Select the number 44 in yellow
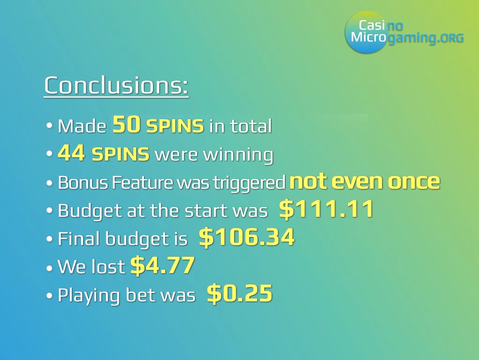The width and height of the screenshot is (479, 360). point(71,153)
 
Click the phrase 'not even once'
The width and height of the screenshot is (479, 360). point(364,182)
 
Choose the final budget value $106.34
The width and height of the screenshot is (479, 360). point(247,237)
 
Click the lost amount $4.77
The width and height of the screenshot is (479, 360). point(162,265)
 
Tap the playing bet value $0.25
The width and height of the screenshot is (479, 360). point(239,293)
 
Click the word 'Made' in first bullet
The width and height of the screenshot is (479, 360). point(82,126)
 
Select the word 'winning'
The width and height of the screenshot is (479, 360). point(238,155)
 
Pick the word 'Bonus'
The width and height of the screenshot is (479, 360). point(83,182)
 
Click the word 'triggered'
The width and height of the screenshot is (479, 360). point(249,183)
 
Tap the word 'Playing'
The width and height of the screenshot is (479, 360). point(89,296)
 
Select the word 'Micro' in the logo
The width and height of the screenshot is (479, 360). point(368,37)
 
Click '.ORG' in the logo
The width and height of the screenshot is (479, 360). point(450,38)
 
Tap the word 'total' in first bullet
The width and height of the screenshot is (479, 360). point(251,126)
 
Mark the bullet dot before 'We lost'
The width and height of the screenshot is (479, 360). point(49,268)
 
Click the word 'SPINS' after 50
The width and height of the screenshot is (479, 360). point(175,126)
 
